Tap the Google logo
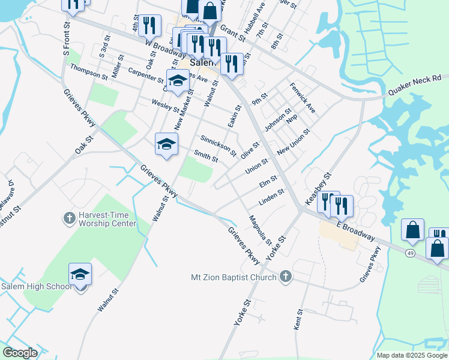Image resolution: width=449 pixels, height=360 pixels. point(20,353)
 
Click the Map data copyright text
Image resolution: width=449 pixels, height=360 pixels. point(411,355)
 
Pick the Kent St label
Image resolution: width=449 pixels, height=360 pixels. point(298,320)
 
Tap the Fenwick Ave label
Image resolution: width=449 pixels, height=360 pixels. point(303,98)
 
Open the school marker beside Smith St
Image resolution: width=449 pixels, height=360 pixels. point(166,144)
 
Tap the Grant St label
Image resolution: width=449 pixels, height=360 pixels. point(233,32)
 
